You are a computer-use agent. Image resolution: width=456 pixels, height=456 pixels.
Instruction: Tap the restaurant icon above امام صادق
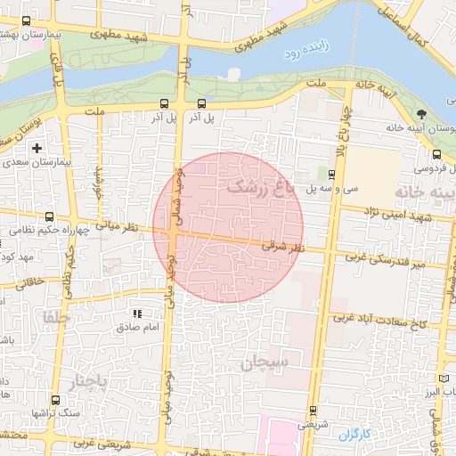(x=136, y=313)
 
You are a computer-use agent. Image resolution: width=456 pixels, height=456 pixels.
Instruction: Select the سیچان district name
(x=265, y=362)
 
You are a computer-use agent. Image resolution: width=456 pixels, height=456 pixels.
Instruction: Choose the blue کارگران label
(x=353, y=435)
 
